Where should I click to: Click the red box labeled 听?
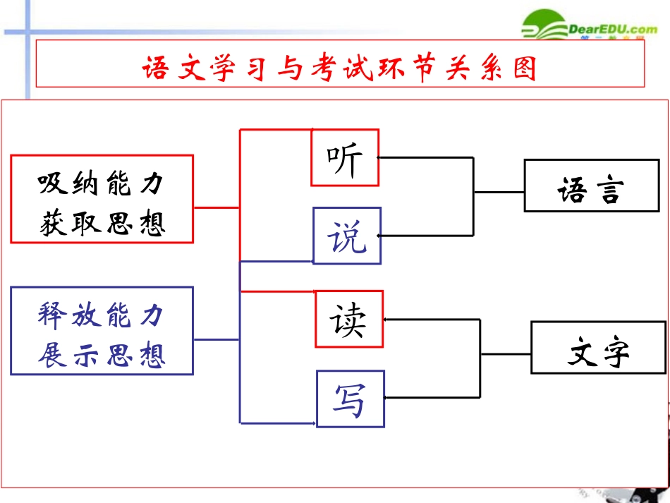[345, 158]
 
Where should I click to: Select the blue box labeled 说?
[347, 236]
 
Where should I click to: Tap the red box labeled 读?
[349, 319]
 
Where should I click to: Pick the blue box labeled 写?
[350, 399]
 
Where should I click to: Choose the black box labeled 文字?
[598, 348]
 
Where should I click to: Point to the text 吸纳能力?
[102, 184]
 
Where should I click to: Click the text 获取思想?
[102, 223]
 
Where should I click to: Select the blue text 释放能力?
[102, 316]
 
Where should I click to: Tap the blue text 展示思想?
[102, 354]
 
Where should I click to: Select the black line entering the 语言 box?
[499, 192]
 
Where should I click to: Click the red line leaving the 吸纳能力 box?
[217, 207]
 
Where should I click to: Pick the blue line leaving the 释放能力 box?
[217, 339]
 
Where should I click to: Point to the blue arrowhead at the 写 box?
[312, 423]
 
